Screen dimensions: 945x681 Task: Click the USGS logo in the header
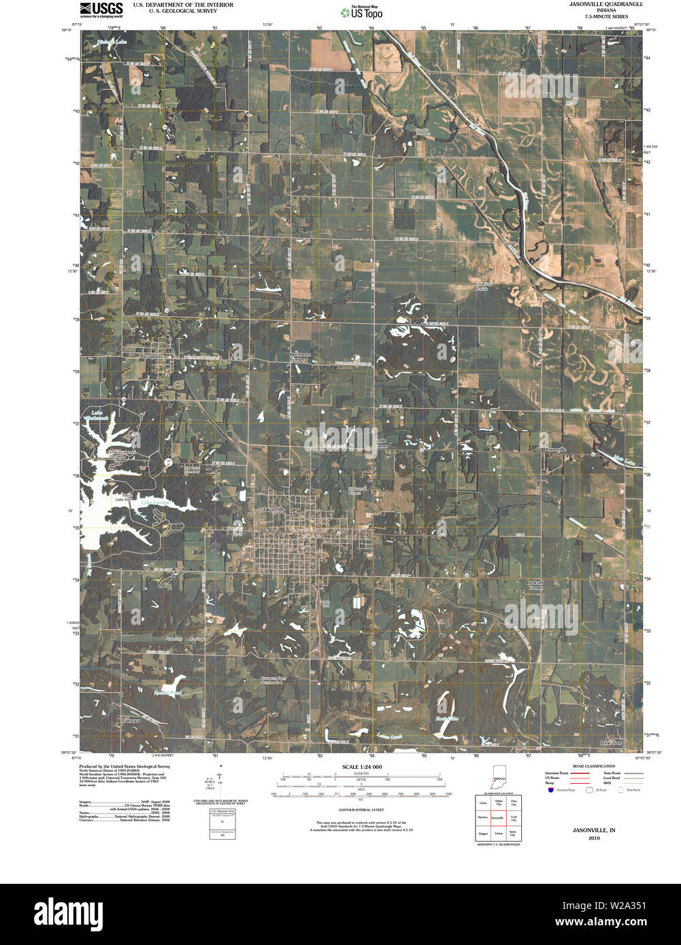point(101,9)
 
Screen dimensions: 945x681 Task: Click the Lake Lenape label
point(155,503)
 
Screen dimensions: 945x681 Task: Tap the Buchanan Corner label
point(300,357)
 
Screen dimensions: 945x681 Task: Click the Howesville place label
point(554,449)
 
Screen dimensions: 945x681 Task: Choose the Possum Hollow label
point(184,639)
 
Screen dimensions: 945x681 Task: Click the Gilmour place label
point(131,721)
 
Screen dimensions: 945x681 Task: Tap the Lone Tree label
point(610,743)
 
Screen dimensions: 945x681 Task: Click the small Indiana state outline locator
point(499,780)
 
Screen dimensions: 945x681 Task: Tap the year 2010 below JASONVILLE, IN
point(594,838)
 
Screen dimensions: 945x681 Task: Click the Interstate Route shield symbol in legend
point(550,790)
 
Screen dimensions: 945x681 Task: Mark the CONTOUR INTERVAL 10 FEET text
point(361,810)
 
